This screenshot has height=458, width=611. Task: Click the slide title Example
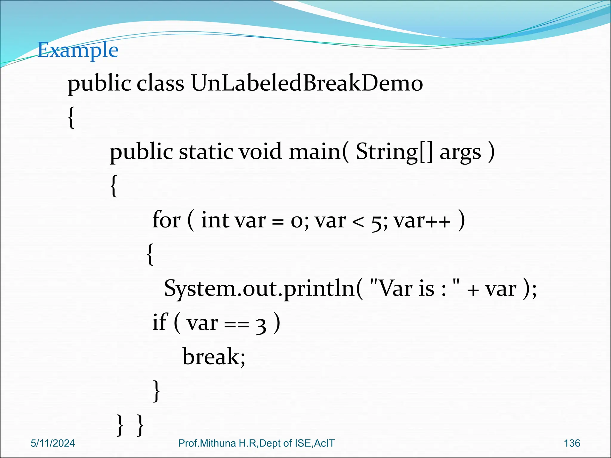click(78, 50)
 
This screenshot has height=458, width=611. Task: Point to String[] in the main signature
click(394, 151)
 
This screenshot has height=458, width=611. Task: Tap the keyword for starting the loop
click(166, 220)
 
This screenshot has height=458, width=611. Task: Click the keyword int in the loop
click(215, 220)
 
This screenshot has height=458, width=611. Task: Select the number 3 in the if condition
click(261, 325)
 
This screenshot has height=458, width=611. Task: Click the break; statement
click(214, 357)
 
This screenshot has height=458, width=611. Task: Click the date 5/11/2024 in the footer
click(53, 443)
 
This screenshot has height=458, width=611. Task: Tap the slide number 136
click(572, 443)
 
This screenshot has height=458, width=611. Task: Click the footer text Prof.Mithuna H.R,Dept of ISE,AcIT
click(256, 443)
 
